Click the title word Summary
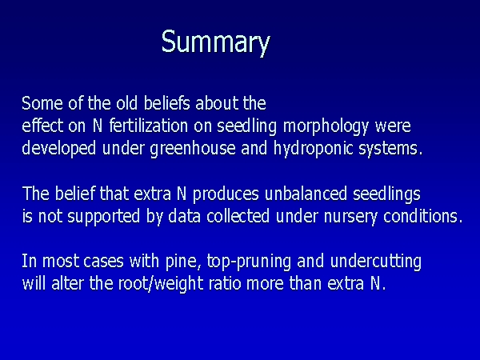click(216, 42)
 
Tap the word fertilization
click(149, 126)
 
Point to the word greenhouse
click(193, 149)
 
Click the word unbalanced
click(306, 194)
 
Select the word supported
click(103, 217)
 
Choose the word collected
click(238, 216)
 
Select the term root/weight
click(161, 284)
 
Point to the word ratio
click(225, 284)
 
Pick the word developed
click(59, 149)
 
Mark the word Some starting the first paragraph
click(42, 103)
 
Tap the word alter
click(67, 283)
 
